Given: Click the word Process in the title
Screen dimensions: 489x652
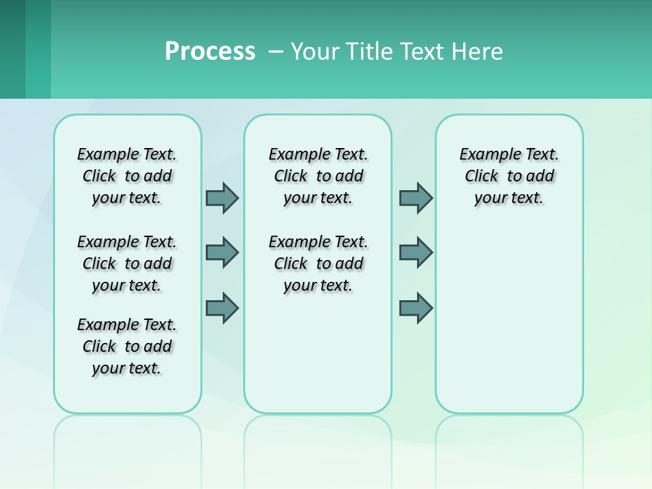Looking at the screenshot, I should coord(210,52).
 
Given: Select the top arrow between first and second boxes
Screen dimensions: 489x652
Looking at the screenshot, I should coord(222,198).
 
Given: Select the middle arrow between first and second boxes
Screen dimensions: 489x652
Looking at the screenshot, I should coord(222,253).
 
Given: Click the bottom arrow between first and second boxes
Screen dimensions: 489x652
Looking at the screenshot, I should coord(222,308).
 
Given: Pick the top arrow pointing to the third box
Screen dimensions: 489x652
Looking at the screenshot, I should coord(416,198).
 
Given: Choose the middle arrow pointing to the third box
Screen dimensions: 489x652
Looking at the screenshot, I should coord(416,253).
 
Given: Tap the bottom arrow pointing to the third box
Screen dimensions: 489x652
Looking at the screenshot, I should coord(416,308).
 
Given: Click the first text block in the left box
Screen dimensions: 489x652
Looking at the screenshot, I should coord(127,176).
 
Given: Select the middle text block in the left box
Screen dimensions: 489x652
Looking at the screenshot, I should coord(127,264).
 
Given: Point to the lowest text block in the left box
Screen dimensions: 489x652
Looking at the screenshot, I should coord(127,346).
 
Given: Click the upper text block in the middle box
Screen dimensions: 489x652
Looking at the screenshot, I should coord(318,176).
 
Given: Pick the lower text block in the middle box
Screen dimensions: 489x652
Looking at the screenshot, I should coord(318,264).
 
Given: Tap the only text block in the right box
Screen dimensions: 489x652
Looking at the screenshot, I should coord(509,176).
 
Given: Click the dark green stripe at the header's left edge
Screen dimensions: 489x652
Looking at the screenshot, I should coord(12,49).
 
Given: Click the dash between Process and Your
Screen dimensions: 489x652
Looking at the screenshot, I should coord(276,52).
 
